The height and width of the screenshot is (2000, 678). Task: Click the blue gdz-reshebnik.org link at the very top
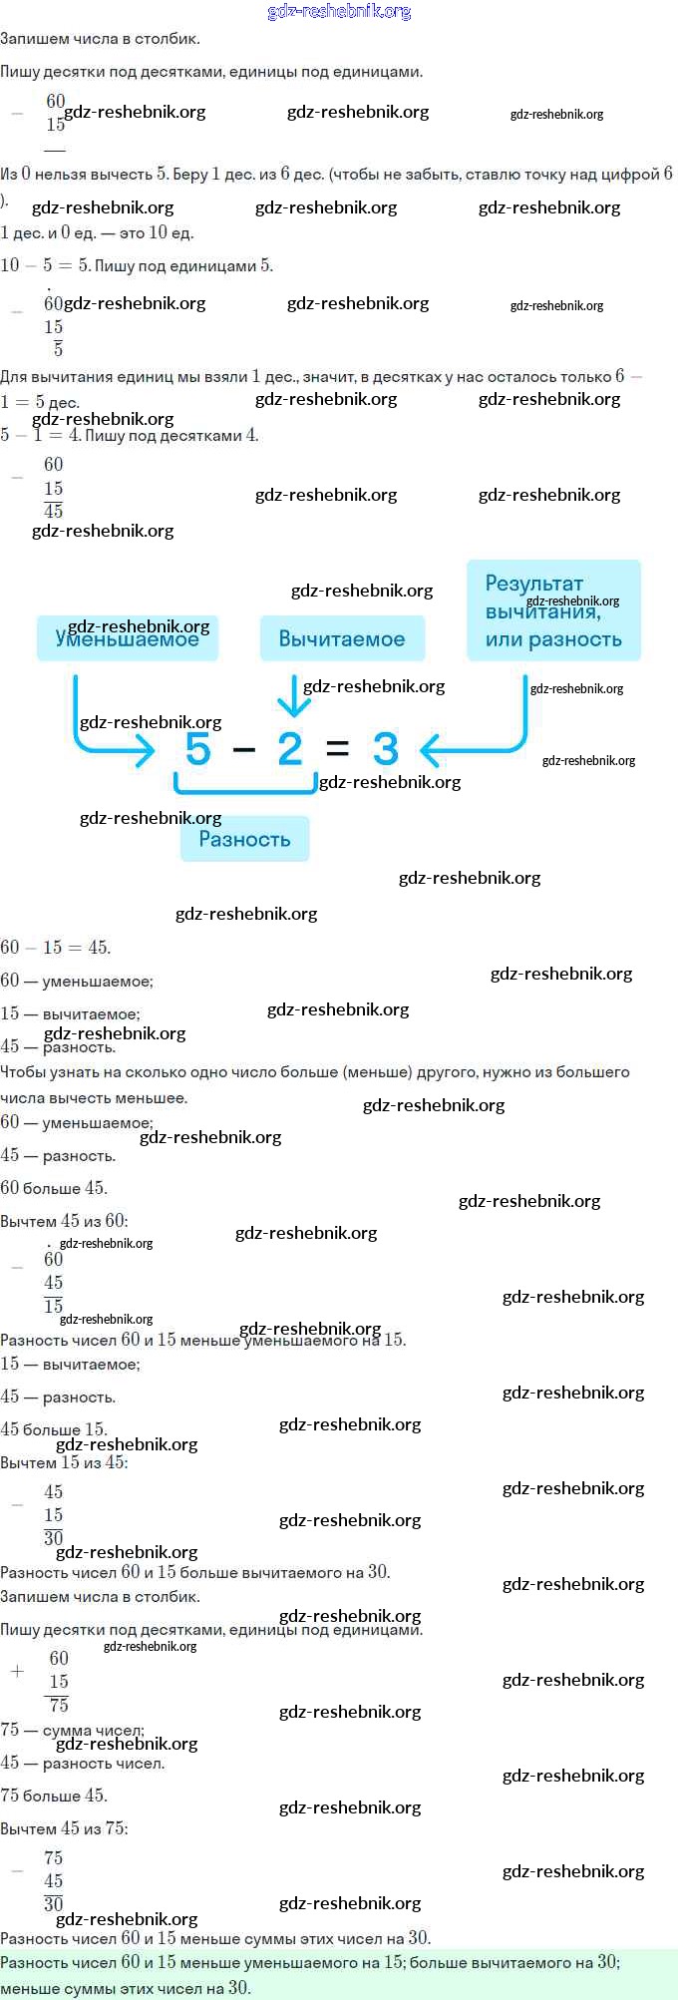[x=339, y=12]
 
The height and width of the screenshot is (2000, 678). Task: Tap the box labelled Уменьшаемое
[x=127, y=638]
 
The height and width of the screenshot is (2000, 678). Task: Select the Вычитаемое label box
[x=342, y=638]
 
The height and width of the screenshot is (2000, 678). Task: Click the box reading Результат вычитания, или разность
[x=553, y=611]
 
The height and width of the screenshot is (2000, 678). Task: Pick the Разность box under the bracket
[x=244, y=839]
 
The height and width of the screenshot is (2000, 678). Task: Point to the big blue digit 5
[x=198, y=749]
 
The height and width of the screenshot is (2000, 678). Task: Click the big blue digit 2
[x=290, y=749]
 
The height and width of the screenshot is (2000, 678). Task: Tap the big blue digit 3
[x=385, y=749]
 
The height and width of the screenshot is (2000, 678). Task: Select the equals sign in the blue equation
[x=338, y=749]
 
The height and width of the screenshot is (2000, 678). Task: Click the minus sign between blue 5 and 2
[x=244, y=749]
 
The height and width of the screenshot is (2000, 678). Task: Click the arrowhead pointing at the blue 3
[x=431, y=749]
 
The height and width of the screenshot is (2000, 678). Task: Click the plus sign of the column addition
[x=17, y=1671]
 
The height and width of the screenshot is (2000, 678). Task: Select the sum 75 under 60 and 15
[x=59, y=1705]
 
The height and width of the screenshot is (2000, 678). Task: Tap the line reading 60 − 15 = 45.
[x=56, y=948]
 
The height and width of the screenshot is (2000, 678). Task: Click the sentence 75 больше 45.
[x=54, y=1796]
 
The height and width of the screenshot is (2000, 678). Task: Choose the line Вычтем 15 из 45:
[x=64, y=1462]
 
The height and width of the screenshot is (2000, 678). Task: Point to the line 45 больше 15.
[x=54, y=1429]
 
